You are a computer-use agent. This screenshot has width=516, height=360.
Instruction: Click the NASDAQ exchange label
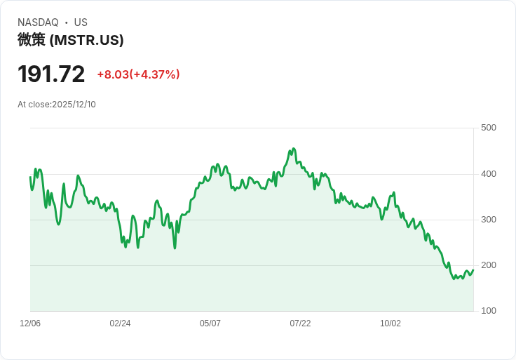38,22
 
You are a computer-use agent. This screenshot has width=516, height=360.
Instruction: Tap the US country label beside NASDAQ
81,22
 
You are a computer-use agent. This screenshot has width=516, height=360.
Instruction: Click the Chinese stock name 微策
32,40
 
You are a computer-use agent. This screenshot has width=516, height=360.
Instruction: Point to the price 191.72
51,74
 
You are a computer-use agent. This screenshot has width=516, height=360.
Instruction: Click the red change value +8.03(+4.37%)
138,74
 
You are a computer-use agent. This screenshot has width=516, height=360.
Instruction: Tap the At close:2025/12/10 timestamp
57,105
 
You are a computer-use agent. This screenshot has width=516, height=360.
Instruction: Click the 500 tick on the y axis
489,128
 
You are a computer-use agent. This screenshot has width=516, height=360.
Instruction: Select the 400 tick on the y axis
489,173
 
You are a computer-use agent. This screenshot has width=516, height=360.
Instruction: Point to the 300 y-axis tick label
489,220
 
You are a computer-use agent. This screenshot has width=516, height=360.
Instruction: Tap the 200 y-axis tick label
489,265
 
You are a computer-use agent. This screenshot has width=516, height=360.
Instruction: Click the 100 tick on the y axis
489,311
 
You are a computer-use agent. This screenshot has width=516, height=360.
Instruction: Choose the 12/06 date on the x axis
30,324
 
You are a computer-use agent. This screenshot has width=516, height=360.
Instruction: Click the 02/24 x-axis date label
120,324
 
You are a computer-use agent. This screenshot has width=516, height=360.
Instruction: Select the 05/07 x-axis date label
210,324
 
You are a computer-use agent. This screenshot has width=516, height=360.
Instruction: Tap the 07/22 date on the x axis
300,324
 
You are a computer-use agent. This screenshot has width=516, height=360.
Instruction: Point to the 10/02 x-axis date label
391,324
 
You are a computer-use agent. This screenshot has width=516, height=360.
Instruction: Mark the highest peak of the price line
294,149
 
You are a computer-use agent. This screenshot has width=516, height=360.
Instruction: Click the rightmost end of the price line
473,270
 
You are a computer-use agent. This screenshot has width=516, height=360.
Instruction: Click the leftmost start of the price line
30,177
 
